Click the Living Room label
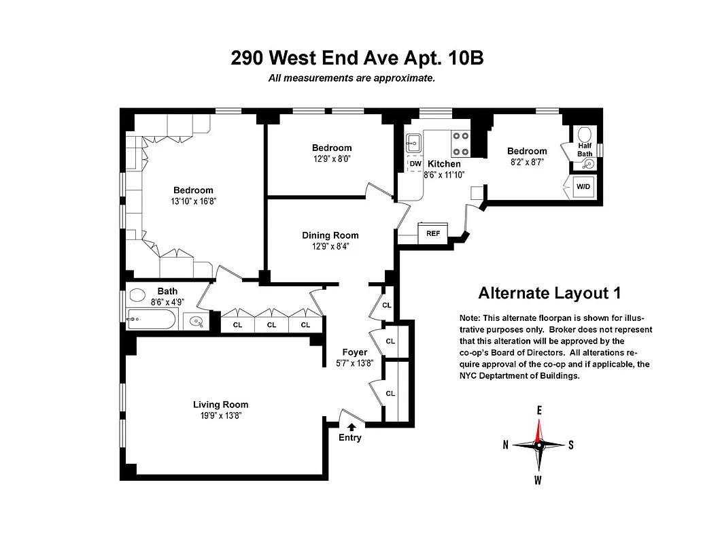pos(220,405)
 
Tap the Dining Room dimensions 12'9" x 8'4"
pos(330,247)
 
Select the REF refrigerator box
pos(432,233)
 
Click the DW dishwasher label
pos(415,164)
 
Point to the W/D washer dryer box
pos(583,186)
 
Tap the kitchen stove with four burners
pos(461,143)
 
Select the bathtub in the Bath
pos(151,319)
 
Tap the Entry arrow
pos(351,426)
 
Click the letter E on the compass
pos(539,411)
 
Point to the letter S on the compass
pos(571,445)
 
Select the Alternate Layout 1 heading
pos(549,293)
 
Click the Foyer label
pos(355,352)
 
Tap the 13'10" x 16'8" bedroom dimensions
pos(193,201)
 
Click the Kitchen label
pos(444,164)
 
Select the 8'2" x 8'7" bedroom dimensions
pos(527,163)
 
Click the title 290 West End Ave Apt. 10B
pos(357,58)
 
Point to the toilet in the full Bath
pos(138,296)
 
